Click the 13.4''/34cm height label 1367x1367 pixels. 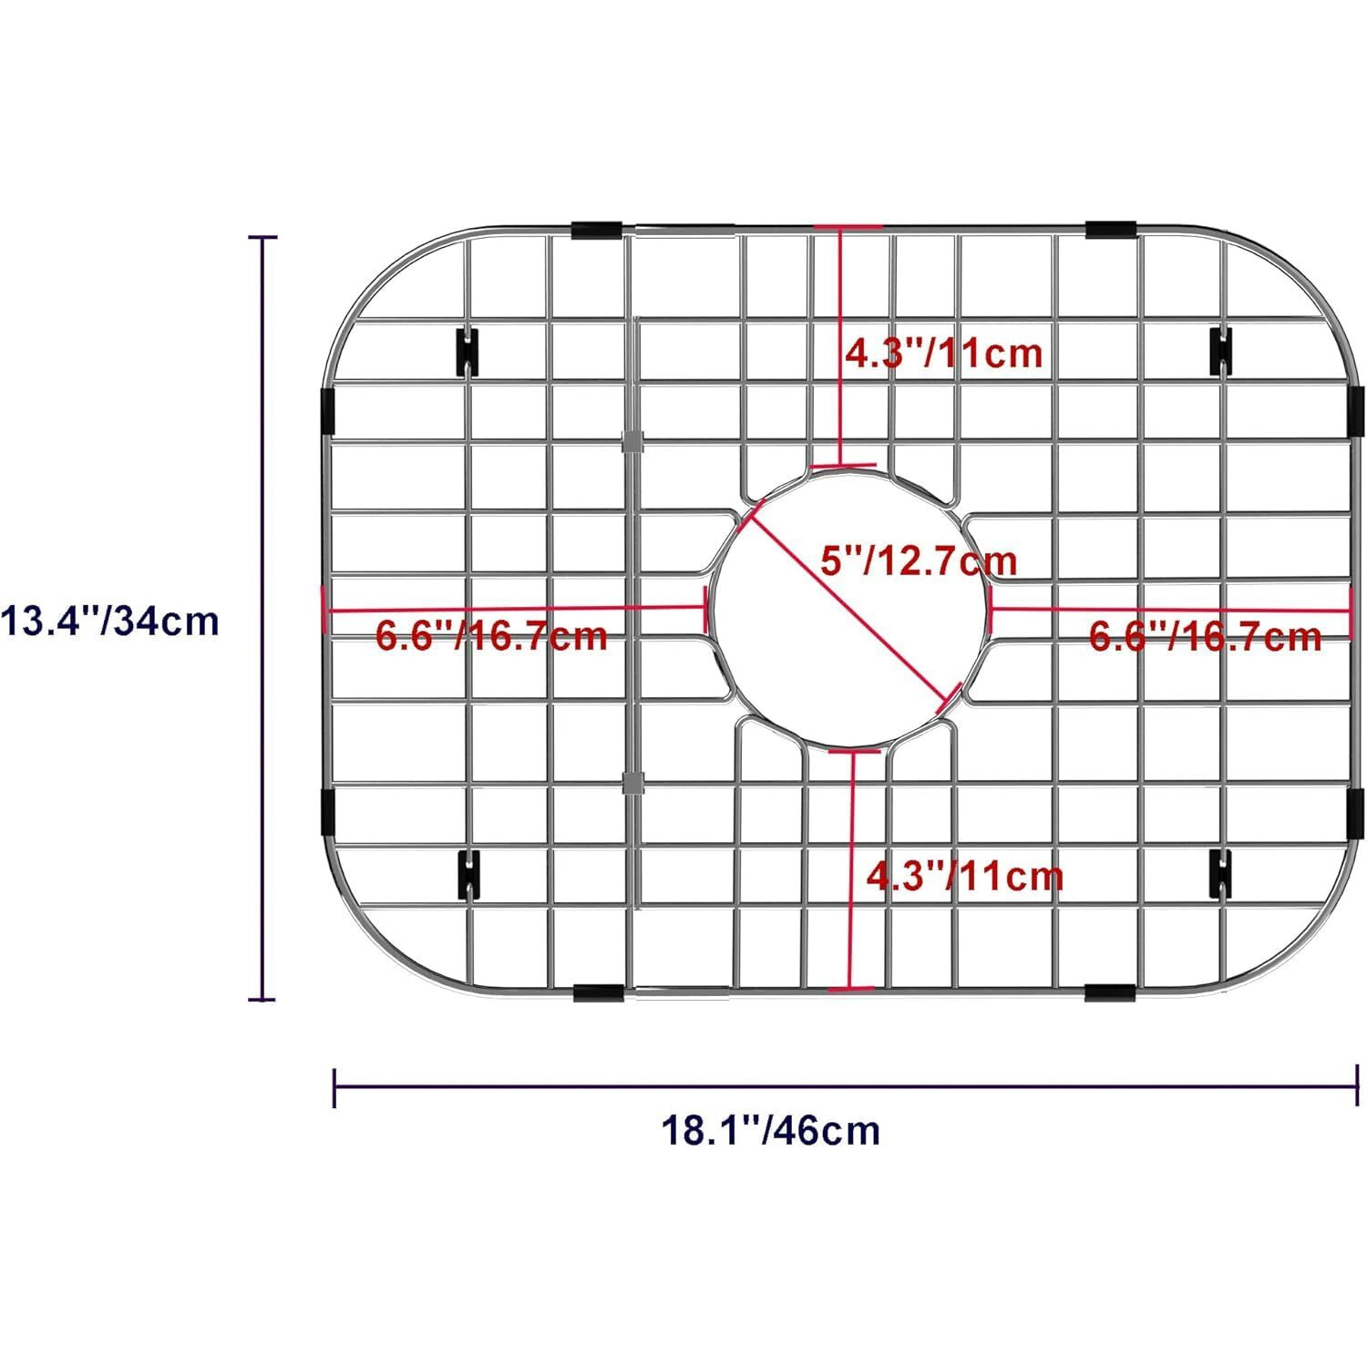tap(109, 622)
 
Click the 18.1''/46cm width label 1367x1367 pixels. tap(770, 1130)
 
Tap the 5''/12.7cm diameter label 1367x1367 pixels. tap(918, 559)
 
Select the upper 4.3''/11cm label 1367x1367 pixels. tap(943, 352)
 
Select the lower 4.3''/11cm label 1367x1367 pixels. tap(964, 877)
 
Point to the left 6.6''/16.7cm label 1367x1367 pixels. tap(492, 635)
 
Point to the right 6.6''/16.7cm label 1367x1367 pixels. tap(1205, 635)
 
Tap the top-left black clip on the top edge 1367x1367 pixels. tap(597, 229)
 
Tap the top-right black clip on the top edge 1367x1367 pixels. tap(1111, 229)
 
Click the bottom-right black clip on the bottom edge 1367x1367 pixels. tap(1111, 992)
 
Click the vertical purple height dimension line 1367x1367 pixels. tap(264, 620)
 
